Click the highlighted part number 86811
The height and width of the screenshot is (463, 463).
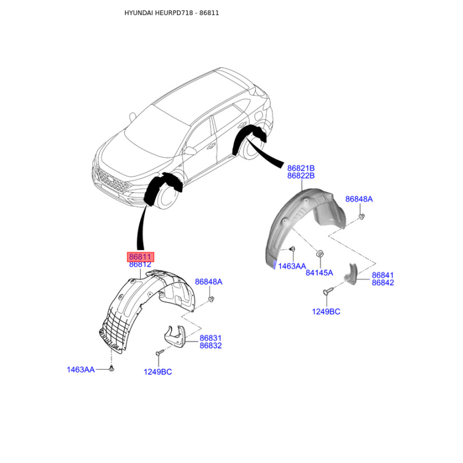click(140, 257)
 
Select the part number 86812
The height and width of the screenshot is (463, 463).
click(140, 264)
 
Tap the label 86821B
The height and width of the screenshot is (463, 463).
click(301, 168)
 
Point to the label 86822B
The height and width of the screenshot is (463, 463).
click(301, 176)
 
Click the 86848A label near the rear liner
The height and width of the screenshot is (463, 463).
click(359, 199)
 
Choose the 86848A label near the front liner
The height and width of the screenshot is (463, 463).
click(208, 282)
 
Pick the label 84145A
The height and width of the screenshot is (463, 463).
click(319, 273)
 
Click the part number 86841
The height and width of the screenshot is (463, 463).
click(383, 275)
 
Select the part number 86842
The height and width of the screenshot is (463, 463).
click(383, 283)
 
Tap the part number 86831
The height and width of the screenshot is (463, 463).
click(211, 338)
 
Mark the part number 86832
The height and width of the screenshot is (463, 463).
click(211, 346)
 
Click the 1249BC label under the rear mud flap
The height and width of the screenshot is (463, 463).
click(326, 312)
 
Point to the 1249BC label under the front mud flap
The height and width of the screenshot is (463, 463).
click(157, 372)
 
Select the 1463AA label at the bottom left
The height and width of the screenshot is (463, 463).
click(80, 370)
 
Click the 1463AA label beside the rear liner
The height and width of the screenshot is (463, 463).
click(292, 266)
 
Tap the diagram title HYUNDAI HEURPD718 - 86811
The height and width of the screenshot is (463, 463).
click(171, 13)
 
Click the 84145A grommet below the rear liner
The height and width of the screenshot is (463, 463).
click(319, 253)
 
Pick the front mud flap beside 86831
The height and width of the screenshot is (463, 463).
click(175, 337)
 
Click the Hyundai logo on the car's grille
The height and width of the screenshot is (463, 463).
click(110, 179)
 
